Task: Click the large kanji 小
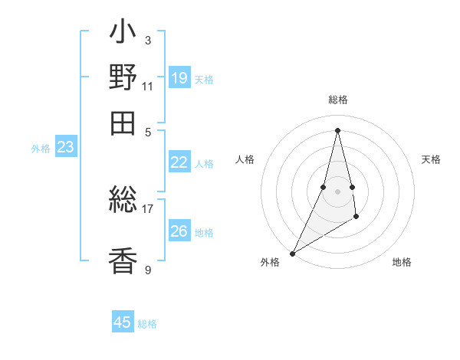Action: (123, 34)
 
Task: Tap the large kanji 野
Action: (123, 78)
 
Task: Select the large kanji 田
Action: (123, 123)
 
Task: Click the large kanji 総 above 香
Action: (123, 201)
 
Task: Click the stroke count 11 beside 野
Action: (148, 86)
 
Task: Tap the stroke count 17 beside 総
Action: (148, 208)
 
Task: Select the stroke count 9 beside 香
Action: (147, 270)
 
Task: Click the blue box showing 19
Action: (179, 77)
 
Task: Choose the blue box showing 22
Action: (179, 162)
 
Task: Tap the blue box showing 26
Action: (179, 231)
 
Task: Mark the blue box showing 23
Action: (65, 147)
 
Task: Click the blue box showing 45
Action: (123, 322)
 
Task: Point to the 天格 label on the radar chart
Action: (431, 159)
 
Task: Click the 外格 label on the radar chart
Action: (270, 263)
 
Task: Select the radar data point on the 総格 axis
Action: (337, 130)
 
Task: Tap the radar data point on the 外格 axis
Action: (292, 254)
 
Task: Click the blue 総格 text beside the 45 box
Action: (147, 324)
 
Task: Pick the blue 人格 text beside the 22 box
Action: (204, 163)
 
